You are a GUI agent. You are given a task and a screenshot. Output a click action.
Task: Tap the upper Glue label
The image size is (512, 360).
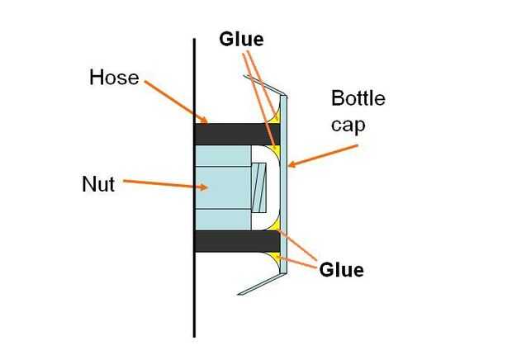click(241, 39)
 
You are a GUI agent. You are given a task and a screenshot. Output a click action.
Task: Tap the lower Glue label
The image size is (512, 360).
click(340, 269)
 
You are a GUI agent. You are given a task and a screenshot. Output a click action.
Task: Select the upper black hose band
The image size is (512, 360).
click(235, 132)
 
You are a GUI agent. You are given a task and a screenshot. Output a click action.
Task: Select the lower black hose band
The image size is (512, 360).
click(235, 240)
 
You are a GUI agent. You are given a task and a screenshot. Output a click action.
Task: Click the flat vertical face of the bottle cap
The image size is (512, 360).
click(284, 190)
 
